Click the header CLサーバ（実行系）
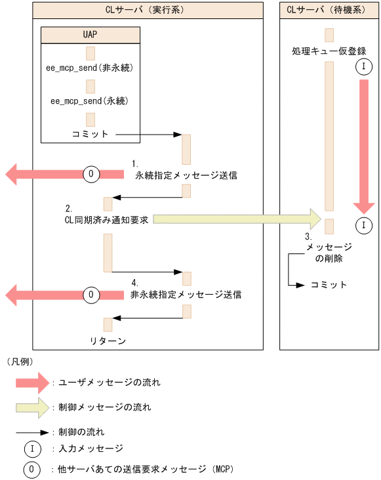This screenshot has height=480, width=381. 148,11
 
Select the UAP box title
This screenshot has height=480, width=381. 90,33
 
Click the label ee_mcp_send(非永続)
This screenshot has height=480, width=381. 90,68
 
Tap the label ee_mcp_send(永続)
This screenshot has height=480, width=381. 90,101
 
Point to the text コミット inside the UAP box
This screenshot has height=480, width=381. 90,134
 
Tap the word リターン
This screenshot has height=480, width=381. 108,340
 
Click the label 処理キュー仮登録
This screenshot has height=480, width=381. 329,51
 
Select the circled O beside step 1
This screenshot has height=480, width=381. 92,174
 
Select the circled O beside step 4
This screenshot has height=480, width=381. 92,294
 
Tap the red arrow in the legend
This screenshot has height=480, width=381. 33,382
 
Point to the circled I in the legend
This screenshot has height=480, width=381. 32,449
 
